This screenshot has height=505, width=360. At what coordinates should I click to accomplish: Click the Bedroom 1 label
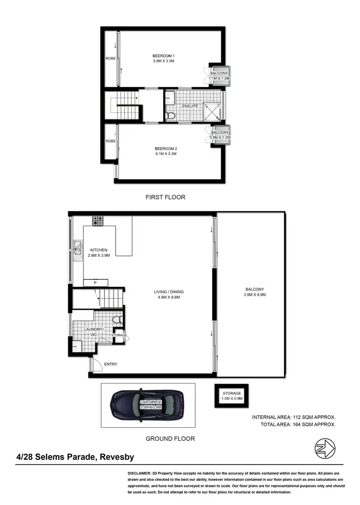point(161,56)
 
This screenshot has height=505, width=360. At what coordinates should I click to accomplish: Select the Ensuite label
point(191,106)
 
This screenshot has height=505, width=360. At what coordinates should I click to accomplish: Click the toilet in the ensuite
point(169,115)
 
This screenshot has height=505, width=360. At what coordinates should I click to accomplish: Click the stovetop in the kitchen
point(98,221)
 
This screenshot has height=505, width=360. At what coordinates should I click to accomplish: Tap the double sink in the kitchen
point(77,250)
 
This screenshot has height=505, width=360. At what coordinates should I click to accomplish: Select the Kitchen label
point(98,250)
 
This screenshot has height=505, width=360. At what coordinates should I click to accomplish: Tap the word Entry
point(110,364)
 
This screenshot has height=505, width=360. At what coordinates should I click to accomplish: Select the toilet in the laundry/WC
point(116,320)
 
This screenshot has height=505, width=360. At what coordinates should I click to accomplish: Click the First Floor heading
point(165,197)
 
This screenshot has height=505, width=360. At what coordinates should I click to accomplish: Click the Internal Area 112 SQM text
point(294,417)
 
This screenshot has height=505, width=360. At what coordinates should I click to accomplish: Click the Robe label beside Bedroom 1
point(110,59)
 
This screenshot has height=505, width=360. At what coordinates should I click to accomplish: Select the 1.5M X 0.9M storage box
point(231,396)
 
